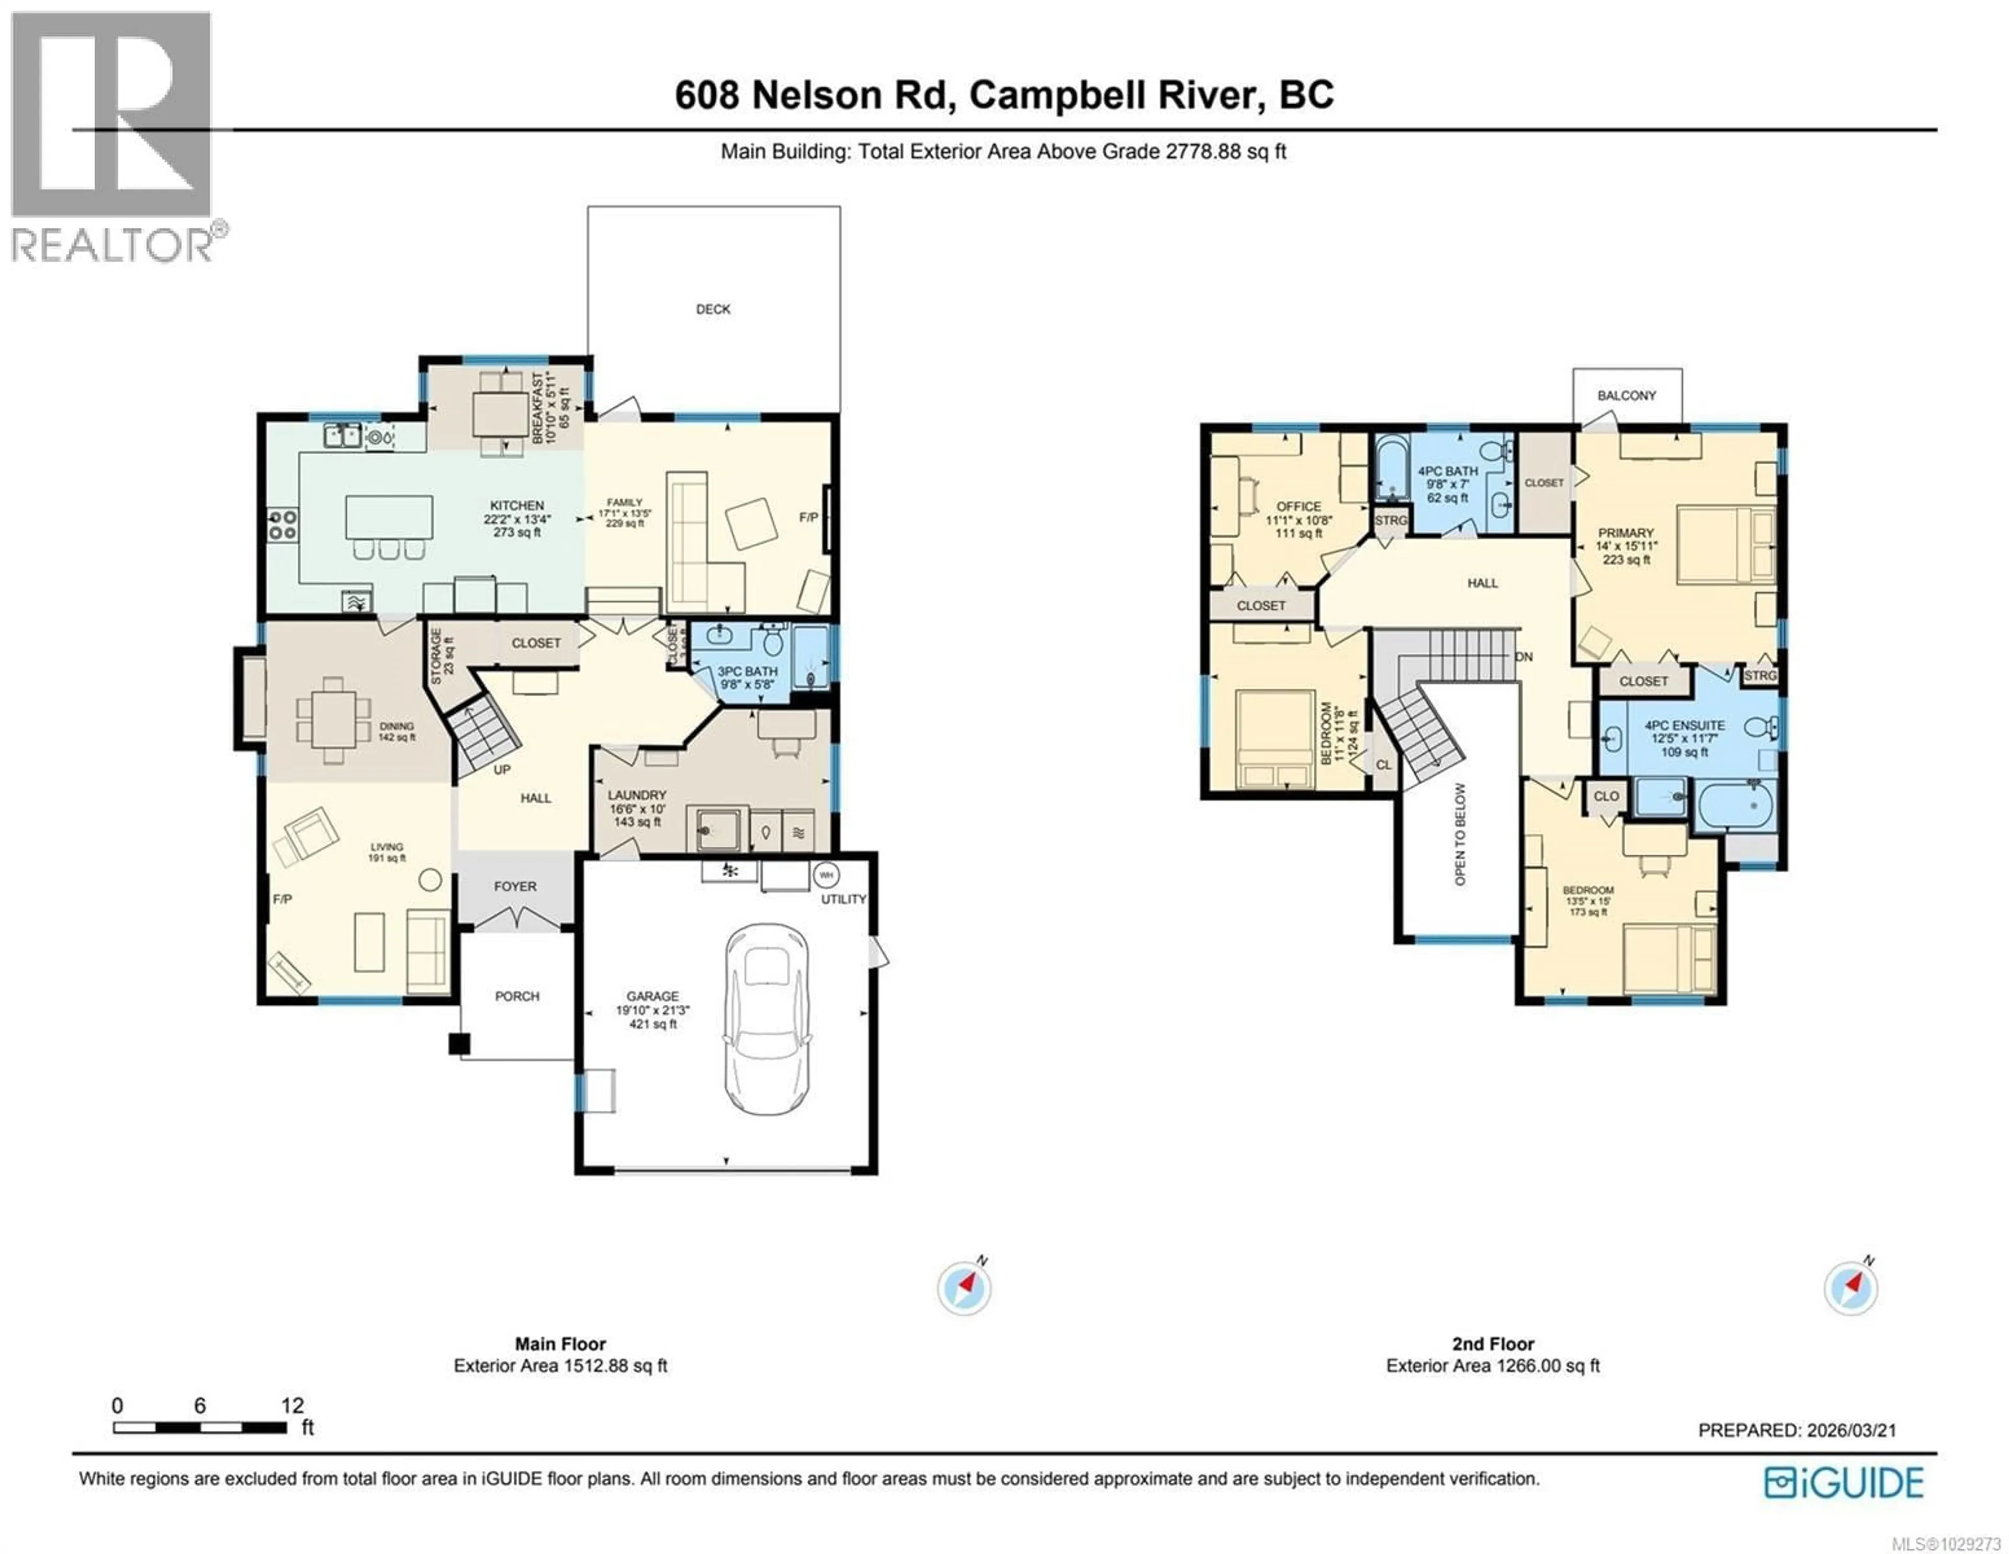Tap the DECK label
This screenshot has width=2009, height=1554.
pos(713,309)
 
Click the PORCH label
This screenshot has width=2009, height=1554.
pos(517,996)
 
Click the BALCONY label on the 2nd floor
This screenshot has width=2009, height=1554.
pos(1627,396)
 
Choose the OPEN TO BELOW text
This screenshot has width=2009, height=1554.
pos(1460,834)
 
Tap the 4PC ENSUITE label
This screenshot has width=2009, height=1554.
pos(1684,725)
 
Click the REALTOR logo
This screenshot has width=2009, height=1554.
pos(112,138)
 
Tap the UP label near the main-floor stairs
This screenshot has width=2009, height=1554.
pos(502,769)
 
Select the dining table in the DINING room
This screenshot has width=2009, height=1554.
pos(333,720)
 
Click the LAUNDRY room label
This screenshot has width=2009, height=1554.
pos(637,795)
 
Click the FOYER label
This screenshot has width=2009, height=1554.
pos(515,886)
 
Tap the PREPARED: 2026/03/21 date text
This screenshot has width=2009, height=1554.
pos(1797,1430)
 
